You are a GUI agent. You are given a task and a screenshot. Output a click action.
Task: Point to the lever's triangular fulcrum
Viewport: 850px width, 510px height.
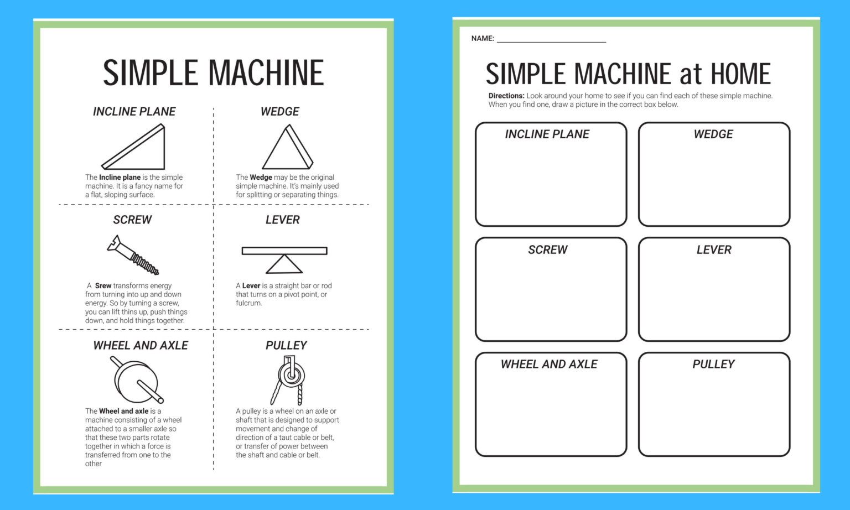coord(284,265)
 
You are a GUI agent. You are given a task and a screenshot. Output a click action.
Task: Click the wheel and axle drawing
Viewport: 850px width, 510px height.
coord(137,381)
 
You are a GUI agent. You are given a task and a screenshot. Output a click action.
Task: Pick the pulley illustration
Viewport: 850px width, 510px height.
coord(289,379)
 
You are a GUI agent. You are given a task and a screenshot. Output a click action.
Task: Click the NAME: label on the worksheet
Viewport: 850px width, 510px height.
coord(483,38)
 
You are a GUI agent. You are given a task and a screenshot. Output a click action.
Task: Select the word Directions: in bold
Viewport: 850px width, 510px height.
coord(506,96)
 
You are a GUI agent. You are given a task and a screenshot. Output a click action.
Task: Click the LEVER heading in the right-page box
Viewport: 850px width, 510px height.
coord(714,250)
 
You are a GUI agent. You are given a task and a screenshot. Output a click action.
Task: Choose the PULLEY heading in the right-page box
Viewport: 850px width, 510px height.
coord(713,364)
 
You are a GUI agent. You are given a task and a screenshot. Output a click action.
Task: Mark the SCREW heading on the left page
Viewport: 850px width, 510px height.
coord(132,220)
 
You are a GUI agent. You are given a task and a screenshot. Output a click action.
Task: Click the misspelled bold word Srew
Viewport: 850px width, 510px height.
coord(103,286)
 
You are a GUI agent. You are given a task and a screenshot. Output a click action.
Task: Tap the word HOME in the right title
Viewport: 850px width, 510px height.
coord(740,74)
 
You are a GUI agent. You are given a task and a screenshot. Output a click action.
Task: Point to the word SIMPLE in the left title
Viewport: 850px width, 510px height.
coord(150,73)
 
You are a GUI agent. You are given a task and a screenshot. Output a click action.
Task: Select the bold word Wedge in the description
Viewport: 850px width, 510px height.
coord(261,178)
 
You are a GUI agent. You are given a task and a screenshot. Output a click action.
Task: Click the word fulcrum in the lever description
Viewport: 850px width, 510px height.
coord(248,303)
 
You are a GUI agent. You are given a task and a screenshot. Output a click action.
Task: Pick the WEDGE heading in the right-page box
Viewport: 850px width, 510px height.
coord(713,134)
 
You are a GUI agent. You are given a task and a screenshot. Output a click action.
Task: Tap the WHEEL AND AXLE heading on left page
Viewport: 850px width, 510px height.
coord(141,345)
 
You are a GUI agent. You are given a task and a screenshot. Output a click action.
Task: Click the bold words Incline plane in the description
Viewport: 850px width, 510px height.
coord(120,178)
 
